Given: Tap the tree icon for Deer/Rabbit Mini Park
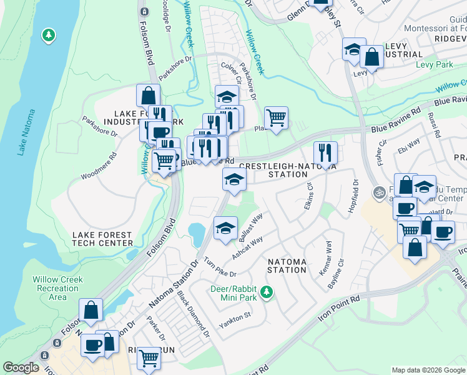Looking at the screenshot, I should click(x=267, y=292).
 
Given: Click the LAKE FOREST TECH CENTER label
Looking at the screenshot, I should click(x=103, y=239).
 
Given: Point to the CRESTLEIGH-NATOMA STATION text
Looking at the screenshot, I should click(x=288, y=171).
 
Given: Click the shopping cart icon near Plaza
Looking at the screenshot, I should click(x=276, y=117).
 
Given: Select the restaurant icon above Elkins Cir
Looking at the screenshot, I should click(x=325, y=152).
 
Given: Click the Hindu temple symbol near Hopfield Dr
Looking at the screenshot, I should click(x=376, y=191).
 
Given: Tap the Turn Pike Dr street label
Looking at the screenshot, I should click(x=219, y=267).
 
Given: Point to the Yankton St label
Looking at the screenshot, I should click(x=234, y=320).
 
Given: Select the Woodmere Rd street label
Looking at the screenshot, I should click(x=99, y=167).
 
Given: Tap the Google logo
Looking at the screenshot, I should click(x=21, y=367).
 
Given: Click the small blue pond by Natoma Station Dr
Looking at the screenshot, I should click(x=197, y=234).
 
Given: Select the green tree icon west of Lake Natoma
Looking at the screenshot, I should click(x=48, y=36).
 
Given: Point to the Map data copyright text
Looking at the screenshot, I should click(x=428, y=370).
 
